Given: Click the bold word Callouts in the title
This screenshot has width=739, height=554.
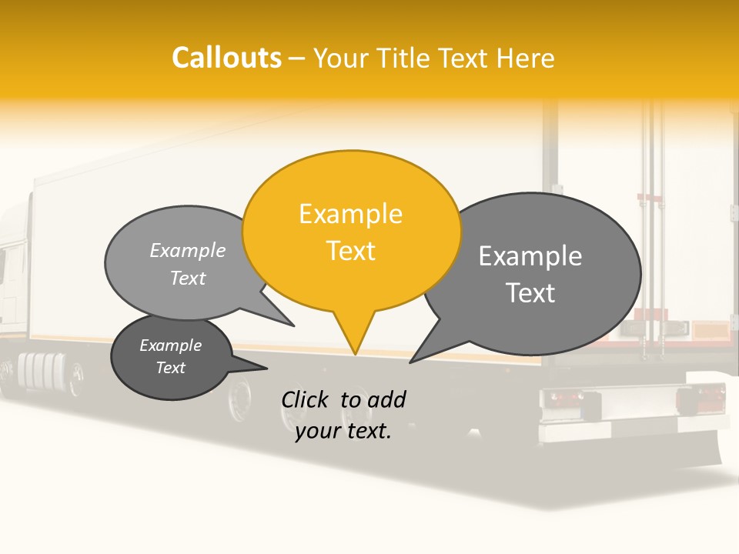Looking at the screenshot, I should [226, 58].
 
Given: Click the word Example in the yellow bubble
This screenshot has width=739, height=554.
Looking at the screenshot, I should [350, 214].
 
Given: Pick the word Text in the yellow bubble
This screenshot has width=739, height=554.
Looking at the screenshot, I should [351, 251].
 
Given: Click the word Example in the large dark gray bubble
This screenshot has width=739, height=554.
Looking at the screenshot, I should [530, 256].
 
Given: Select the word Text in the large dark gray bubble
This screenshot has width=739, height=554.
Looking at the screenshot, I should [531, 293].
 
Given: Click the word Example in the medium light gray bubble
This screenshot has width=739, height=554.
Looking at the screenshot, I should [188, 251].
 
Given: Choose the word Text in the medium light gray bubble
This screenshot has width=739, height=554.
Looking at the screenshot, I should [188, 279].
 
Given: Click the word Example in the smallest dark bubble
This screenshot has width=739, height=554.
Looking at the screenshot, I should [170, 345].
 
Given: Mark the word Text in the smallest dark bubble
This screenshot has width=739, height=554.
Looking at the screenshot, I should [171, 368].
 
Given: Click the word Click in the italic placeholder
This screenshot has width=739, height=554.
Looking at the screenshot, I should [306, 399].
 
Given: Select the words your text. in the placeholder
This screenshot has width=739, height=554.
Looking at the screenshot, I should [343, 432].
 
